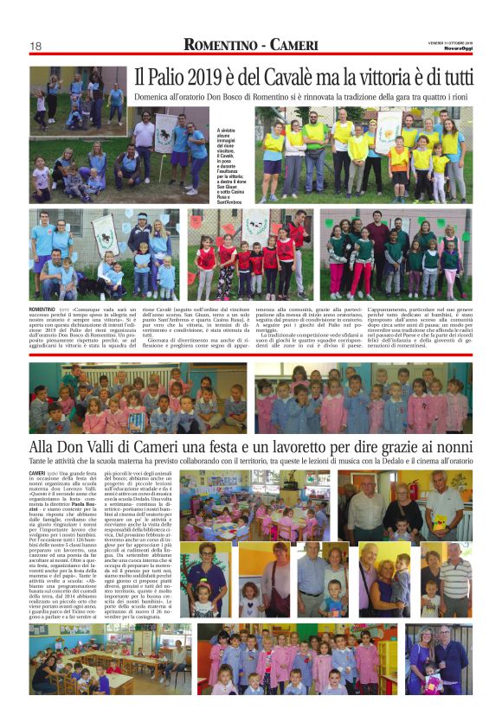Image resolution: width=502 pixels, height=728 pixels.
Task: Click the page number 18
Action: (x=36, y=46)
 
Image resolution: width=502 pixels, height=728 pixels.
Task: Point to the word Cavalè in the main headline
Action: (x=291, y=77)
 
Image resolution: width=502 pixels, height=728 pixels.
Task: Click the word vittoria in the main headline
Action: (x=388, y=77)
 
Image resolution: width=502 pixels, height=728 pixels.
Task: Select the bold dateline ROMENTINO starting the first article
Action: (x=43, y=309)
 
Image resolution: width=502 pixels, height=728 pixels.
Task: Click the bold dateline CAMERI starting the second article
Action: (x=38, y=474)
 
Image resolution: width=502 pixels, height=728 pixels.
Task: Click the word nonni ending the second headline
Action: (x=450, y=447)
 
